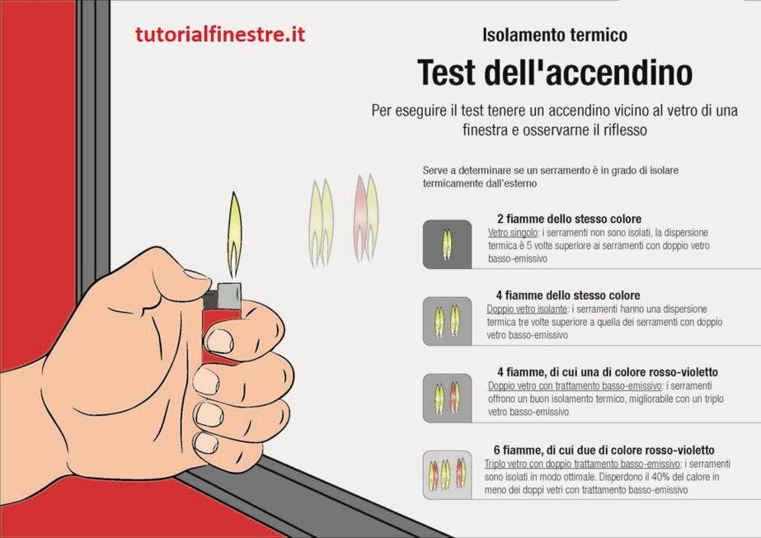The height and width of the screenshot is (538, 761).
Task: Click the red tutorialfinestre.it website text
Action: [x=220, y=35]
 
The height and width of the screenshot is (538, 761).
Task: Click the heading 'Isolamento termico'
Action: [x=555, y=35]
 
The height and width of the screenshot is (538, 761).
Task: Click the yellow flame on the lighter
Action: [x=234, y=234]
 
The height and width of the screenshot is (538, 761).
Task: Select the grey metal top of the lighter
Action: [x=229, y=295]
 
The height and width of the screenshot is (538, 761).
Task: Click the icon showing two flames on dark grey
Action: [x=447, y=244]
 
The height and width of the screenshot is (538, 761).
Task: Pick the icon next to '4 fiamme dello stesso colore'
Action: [x=447, y=321]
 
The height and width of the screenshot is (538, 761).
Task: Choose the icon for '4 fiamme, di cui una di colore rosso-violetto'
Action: [x=447, y=398]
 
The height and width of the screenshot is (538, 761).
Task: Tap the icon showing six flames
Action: [x=447, y=475]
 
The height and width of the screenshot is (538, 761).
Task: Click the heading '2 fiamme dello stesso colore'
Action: [x=569, y=219]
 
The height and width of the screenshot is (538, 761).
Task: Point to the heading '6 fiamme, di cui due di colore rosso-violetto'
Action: [x=604, y=450]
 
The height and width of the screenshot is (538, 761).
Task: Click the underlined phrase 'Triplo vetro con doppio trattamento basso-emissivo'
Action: [x=582, y=464]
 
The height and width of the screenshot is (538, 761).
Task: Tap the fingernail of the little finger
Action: [x=206, y=442]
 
